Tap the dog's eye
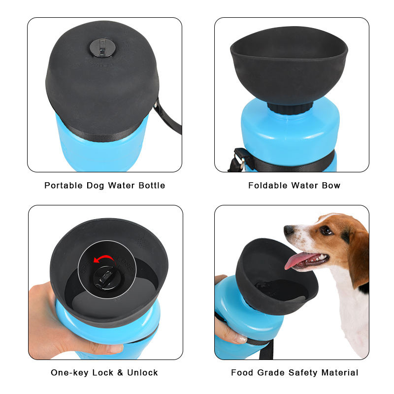[326, 230]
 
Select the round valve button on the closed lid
[102, 47]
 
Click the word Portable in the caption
[64, 186]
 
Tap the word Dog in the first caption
[95, 186]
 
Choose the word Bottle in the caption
[152, 186]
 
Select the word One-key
[69, 373]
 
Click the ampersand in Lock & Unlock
[120, 373]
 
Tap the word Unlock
[142, 373]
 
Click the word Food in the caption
[242, 373]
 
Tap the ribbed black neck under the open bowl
[290, 108]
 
